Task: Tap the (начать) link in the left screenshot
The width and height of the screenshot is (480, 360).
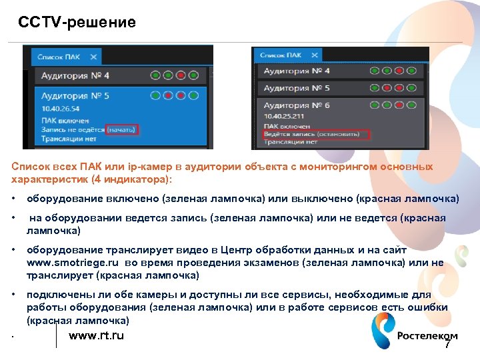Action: [x=121, y=129]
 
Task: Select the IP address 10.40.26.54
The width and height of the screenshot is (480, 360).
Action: [x=59, y=108]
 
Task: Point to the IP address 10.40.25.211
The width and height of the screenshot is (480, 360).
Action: [x=285, y=116]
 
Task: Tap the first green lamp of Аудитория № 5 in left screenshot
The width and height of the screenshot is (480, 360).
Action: [x=155, y=96]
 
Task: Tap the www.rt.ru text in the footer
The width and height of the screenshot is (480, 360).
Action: [x=96, y=335]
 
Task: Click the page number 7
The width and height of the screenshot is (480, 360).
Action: [x=447, y=345]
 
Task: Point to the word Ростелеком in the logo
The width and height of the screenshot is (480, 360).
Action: [x=427, y=336]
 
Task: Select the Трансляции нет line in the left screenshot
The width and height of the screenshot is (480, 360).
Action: [x=67, y=139]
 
